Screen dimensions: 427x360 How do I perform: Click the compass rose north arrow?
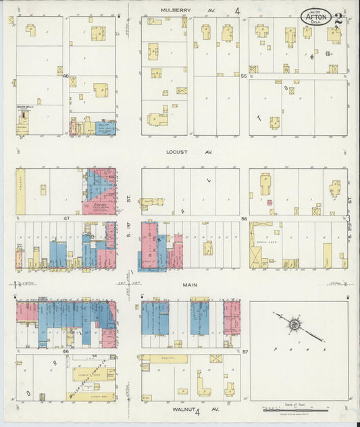coord(295,325)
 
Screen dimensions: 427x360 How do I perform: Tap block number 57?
coord(245,351)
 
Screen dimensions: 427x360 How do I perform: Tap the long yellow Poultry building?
coord(169,359)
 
